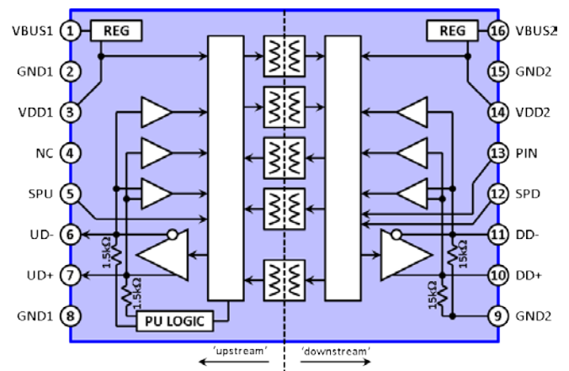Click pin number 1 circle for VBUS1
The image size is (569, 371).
(70, 31)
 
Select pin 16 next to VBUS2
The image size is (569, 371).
(498, 31)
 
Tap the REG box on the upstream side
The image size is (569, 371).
(116, 31)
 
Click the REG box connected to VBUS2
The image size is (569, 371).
(452, 31)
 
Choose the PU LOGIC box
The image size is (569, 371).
(174, 321)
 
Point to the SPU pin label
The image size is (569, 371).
(40, 194)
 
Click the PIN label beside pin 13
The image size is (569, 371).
(526, 153)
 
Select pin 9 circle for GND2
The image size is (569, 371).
(498, 315)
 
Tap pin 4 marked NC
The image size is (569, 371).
(70, 153)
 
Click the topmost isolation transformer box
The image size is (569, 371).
(284, 56)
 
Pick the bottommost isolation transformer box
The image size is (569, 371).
(284, 280)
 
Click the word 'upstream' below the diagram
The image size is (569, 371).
(240, 351)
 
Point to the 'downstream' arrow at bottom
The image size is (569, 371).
(335, 361)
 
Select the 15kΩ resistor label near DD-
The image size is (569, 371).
(464, 254)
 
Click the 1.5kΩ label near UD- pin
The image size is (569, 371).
(106, 252)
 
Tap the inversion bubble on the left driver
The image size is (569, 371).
(173, 235)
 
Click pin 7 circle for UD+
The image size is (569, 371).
(70, 275)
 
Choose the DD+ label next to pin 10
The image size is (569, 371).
(529, 276)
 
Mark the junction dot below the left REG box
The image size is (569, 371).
(101, 56)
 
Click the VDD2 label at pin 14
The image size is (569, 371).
(533, 113)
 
